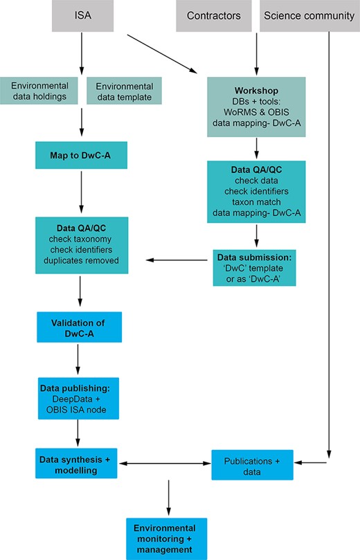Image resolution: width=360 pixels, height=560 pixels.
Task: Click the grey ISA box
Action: pyautogui.click(x=82, y=15)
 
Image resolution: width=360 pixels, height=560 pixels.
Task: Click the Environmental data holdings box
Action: pyautogui.click(x=44, y=91)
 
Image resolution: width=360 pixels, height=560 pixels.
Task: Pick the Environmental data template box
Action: pyautogui.click(x=123, y=91)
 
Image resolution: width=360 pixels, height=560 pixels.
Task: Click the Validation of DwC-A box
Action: pyautogui.click(x=78, y=326)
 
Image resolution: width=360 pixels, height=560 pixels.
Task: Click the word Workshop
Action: pyautogui.click(x=256, y=91)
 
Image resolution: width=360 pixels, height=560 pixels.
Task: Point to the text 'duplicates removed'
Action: pyautogui.click(x=82, y=261)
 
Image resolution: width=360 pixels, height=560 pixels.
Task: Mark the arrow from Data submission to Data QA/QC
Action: pyautogui.click(x=179, y=260)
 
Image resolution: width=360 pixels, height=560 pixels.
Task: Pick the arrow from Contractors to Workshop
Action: pyautogui.click(x=256, y=52)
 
